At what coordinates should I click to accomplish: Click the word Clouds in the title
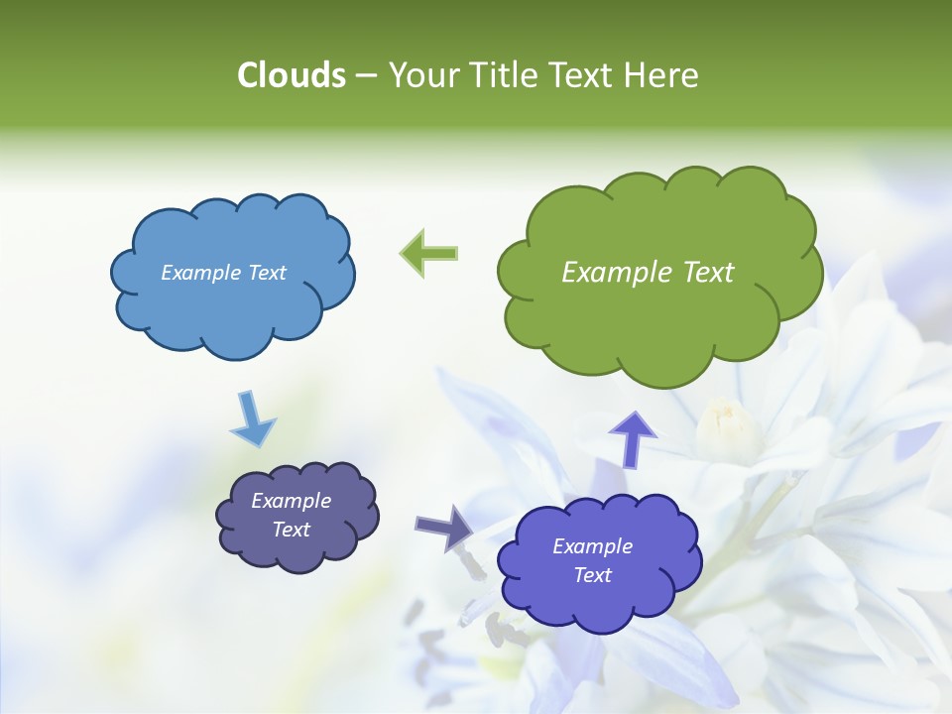(291, 75)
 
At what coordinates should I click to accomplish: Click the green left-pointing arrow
(428, 254)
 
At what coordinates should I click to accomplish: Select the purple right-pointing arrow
(443, 527)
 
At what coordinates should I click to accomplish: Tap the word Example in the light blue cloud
(199, 273)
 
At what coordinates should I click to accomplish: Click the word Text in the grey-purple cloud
(291, 530)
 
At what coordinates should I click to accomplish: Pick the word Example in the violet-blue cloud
(592, 546)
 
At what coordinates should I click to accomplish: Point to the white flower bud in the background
(727, 426)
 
